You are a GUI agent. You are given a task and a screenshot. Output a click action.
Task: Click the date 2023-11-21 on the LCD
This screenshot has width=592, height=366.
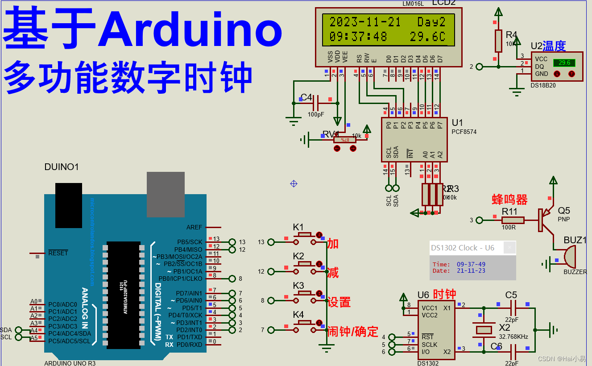coord(365,22)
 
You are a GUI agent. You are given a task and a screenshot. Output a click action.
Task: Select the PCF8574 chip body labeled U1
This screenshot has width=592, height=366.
coord(414,139)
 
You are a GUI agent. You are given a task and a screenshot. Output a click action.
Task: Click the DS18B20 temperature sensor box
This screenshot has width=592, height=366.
coord(557,67)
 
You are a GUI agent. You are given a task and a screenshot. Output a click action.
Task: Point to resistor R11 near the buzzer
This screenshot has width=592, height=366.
coord(513,220)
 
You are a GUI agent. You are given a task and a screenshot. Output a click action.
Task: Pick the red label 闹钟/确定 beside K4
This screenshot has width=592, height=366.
coord(353,332)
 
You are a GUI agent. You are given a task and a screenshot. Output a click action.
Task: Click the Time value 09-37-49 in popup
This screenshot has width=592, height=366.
coord(471,264)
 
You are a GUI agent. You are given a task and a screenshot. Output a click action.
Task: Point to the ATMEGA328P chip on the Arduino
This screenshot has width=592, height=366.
coord(124,295)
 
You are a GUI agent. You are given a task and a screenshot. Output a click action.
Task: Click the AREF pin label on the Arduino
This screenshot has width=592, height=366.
coord(194,227)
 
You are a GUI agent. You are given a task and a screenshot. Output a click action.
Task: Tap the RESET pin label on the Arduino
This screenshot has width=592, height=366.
coord(58,253)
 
